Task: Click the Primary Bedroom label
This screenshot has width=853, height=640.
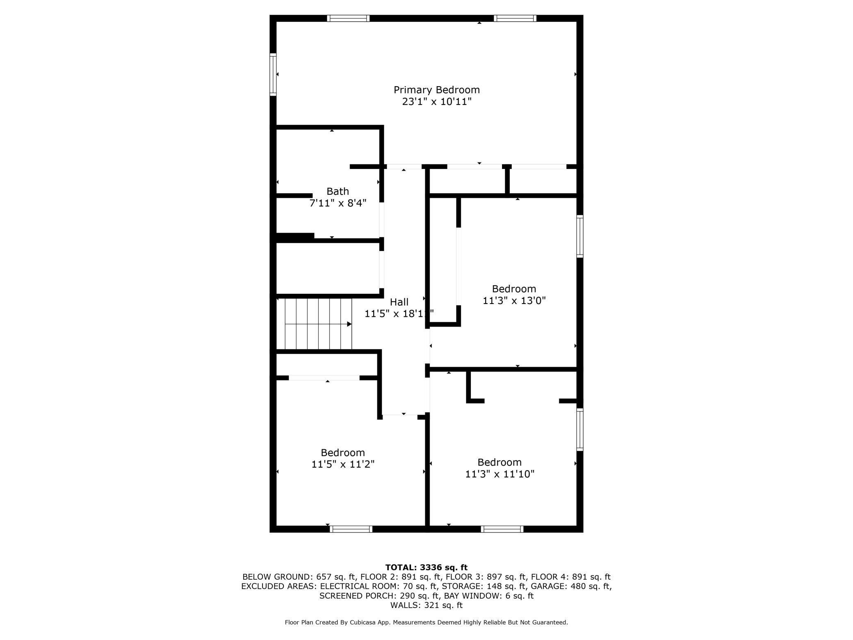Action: (x=437, y=90)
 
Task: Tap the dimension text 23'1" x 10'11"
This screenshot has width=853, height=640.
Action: (x=437, y=102)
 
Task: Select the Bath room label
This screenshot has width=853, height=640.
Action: (x=338, y=191)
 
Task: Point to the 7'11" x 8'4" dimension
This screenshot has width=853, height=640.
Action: (x=338, y=203)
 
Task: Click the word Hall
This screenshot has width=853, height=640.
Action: (x=399, y=302)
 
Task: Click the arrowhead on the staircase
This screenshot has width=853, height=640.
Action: (x=349, y=324)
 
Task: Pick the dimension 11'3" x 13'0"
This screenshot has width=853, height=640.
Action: (x=514, y=301)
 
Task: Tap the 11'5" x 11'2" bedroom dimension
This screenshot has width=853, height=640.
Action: (x=343, y=464)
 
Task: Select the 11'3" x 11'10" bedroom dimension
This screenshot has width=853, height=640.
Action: (x=499, y=474)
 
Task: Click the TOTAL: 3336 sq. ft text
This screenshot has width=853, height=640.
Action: (x=426, y=567)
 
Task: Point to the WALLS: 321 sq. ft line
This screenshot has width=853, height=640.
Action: (x=426, y=605)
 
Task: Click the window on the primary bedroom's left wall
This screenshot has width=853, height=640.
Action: (x=273, y=74)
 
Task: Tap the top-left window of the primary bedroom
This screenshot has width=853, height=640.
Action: (x=348, y=18)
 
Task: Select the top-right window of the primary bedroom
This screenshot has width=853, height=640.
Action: (x=515, y=18)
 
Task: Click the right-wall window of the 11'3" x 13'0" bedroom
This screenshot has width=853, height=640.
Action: (x=580, y=236)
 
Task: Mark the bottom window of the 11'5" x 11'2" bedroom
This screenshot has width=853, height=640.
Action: (x=351, y=529)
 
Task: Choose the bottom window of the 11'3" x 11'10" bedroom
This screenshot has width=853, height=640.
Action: (x=502, y=529)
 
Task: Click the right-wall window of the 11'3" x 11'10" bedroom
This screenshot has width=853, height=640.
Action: (x=580, y=430)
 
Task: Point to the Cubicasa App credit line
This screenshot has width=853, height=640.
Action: (x=426, y=622)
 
